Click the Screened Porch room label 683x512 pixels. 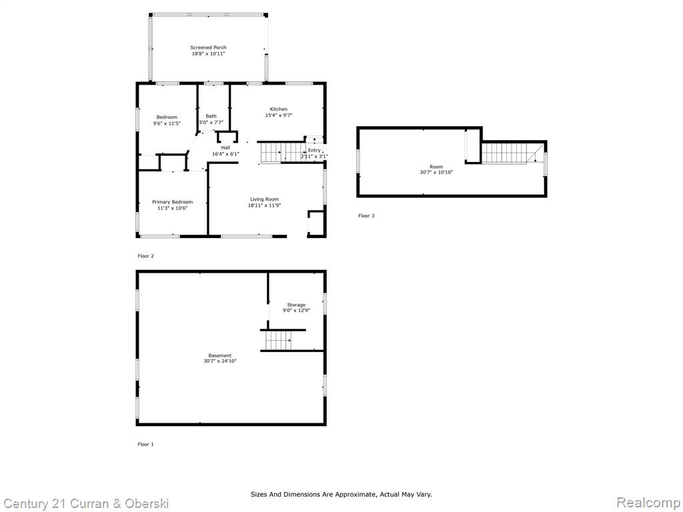tap(208, 47)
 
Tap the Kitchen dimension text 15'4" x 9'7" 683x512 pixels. tap(279, 115)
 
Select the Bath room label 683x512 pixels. tap(211, 116)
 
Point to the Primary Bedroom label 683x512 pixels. tap(173, 202)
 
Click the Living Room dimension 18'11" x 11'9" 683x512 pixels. tap(264, 205)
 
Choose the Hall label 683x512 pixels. tap(225, 148)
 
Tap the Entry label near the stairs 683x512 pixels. tap(314, 150)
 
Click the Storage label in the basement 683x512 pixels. tap(296, 305)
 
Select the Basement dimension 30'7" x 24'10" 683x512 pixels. tap(220, 361)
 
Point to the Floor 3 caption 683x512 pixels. tap(366, 215)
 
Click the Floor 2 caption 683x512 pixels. tap(145, 256)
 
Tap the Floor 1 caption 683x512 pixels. tap(145, 444)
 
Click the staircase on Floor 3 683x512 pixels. tap(509, 153)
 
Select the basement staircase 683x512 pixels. tap(278, 340)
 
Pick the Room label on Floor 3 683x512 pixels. tap(436, 167)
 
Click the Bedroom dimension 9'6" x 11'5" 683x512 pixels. tap(167, 123)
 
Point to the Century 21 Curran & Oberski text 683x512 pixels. tap(85, 504)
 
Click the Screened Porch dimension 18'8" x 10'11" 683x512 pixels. tap(208, 54)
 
